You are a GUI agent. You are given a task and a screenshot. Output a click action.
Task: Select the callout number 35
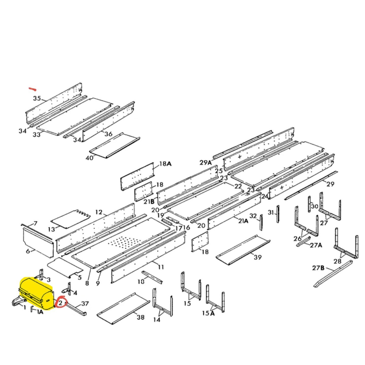point(37,98)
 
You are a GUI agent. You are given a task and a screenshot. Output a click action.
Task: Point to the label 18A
point(165,164)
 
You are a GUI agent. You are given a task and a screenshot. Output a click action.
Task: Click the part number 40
point(89,158)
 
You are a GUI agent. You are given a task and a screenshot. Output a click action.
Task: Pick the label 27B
point(318,268)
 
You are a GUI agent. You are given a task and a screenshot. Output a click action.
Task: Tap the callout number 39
point(257,257)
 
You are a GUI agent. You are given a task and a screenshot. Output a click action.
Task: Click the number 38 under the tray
point(140,317)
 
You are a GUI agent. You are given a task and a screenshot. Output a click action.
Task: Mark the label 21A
point(243,221)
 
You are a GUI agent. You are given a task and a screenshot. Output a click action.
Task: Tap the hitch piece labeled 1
point(18,302)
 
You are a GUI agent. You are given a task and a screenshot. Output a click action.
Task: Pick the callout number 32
point(253,216)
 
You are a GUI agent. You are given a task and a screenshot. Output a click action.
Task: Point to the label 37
point(85,303)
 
